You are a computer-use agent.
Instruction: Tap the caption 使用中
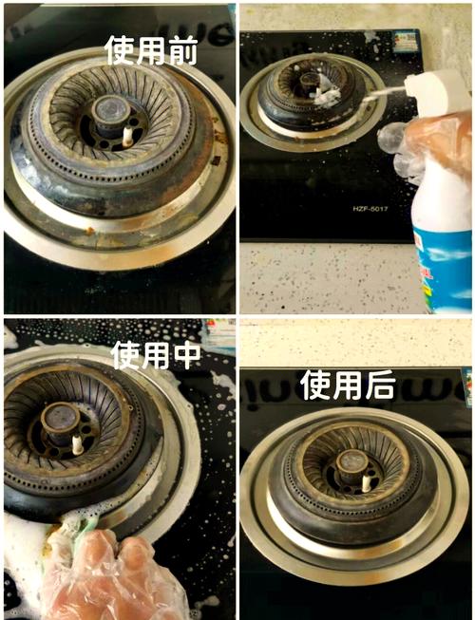[x=156, y=354]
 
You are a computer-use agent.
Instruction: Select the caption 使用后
[x=346, y=385]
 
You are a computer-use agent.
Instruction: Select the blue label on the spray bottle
[x=446, y=256]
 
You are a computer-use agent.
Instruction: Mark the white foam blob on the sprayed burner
[x=328, y=95]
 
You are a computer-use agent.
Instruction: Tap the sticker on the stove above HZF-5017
[x=406, y=41]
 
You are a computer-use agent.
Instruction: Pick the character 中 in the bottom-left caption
[x=185, y=354]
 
